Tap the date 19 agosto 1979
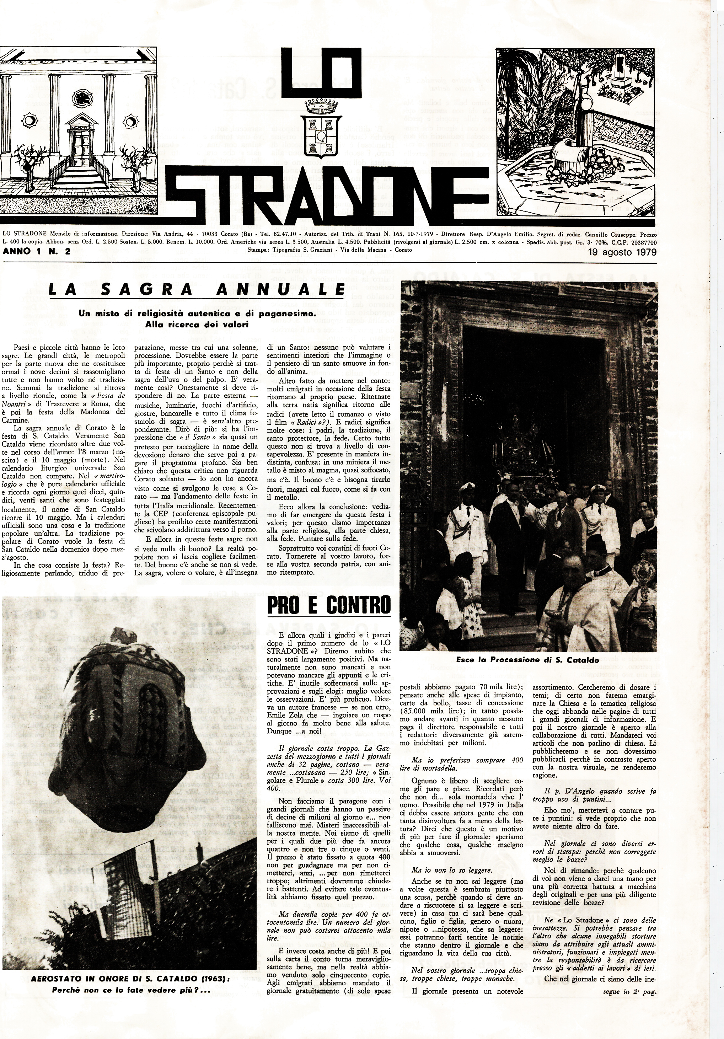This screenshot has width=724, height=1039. click(622, 252)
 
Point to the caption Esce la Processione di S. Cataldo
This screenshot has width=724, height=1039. click(527, 660)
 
